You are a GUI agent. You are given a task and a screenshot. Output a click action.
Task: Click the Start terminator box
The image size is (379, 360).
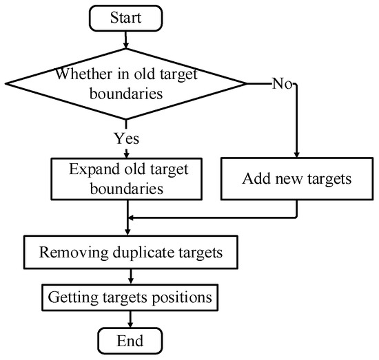pyautogui.click(x=125, y=17)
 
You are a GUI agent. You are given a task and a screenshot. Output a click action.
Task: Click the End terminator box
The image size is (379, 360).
pyautogui.click(x=130, y=340)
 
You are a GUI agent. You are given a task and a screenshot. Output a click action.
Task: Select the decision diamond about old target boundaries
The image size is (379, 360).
pyautogui.click(x=125, y=83)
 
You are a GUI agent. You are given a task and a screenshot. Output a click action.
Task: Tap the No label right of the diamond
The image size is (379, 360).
pyautogui.click(x=283, y=84)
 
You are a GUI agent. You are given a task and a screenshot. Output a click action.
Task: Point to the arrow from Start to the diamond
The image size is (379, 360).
pyautogui.click(x=126, y=41)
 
